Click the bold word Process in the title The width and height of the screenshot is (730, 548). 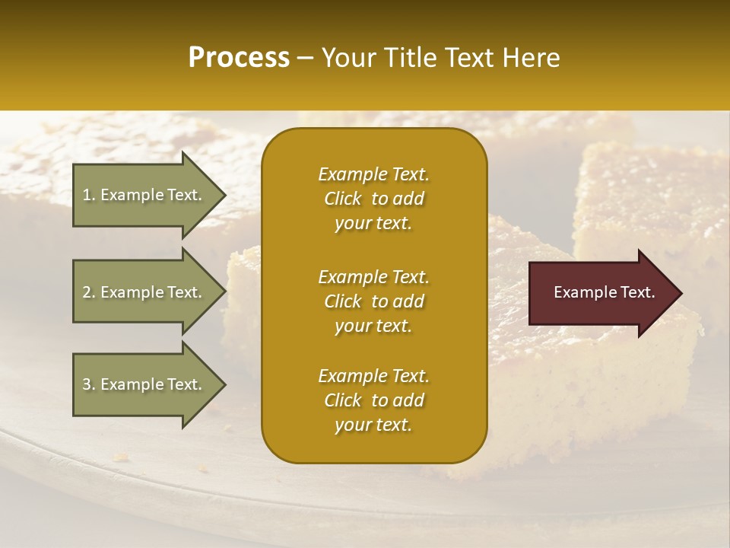239,58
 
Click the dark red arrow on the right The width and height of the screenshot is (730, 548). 601,293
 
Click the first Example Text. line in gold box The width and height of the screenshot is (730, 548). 373,174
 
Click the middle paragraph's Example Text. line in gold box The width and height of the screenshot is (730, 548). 373,276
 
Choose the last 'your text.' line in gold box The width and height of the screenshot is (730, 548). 373,425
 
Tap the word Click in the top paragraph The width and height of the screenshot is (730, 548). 343,199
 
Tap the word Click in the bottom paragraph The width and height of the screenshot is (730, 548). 343,400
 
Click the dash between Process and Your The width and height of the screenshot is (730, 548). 306,59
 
